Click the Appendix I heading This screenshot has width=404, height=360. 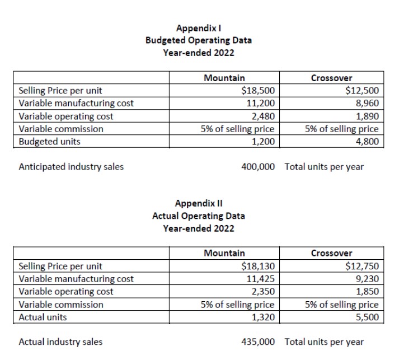198,27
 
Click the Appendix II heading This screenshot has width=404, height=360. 198,203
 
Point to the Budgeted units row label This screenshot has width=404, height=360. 49,142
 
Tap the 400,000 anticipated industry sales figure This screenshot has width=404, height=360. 257,166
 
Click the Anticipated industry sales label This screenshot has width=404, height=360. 71,166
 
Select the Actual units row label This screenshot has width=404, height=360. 43,317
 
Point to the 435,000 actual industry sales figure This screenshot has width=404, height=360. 257,342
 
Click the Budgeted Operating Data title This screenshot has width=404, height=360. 198,40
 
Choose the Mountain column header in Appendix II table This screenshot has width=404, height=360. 224,253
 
